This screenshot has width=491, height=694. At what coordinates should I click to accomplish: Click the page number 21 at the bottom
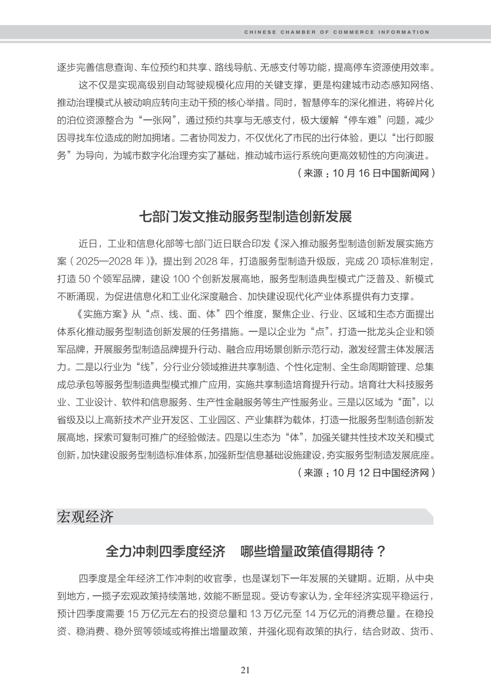[x=245, y=670]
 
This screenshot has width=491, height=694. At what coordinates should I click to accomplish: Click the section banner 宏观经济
[x=85, y=517]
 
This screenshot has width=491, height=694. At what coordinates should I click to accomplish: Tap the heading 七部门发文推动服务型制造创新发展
[x=245, y=216]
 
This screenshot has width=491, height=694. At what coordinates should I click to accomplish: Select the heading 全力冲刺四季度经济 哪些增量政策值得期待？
[x=245, y=551]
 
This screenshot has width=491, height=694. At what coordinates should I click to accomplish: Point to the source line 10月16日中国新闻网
[x=366, y=173]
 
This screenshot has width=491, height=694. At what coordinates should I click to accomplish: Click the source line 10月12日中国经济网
[x=366, y=473]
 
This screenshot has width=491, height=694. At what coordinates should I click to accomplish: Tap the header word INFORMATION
[x=405, y=32]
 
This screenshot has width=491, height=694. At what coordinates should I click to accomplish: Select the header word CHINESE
[x=260, y=32]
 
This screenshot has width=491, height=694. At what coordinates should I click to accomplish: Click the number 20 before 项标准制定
[x=373, y=262]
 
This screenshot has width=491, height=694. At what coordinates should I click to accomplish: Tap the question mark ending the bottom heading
[x=381, y=552]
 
